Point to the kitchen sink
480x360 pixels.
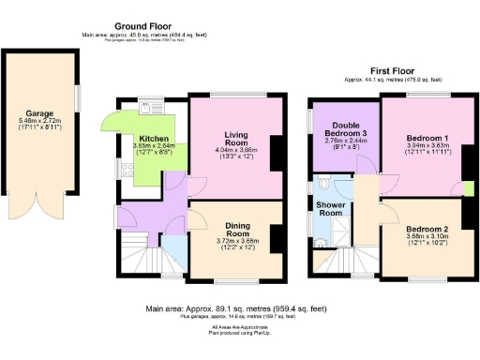tap(147, 107)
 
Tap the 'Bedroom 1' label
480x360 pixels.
tap(426, 138)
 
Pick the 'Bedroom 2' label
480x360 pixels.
tap(426, 229)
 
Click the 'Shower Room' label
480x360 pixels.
tap(329, 208)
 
